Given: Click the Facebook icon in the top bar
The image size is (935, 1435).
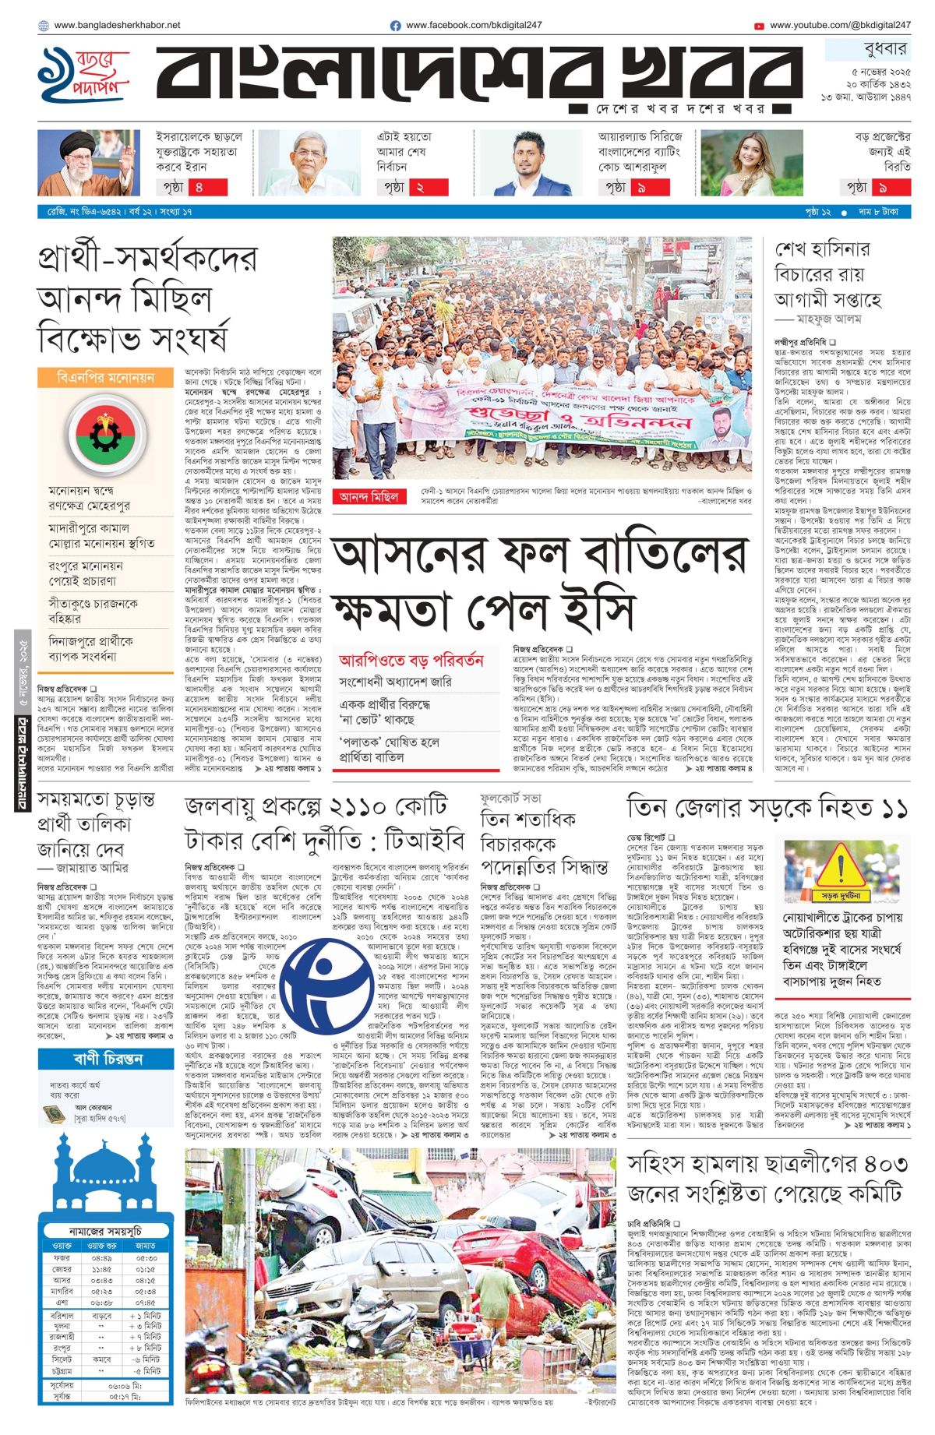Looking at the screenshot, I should tap(396, 26).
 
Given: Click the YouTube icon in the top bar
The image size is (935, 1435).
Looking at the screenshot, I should tap(759, 26).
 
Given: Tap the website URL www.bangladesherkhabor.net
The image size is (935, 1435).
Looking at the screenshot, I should tap(117, 25).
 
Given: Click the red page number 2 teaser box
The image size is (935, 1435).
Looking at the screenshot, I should tap(419, 187).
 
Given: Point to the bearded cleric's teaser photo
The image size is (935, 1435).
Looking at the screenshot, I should tap(89, 163).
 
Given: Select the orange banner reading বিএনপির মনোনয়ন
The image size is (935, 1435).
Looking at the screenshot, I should tap(105, 378).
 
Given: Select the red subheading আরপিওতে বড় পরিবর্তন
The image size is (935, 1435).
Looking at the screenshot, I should tap(411, 660).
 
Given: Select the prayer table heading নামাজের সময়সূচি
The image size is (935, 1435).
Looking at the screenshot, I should tap(104, 1231).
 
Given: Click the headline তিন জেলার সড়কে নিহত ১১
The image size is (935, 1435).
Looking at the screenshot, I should tap(767, 808).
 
